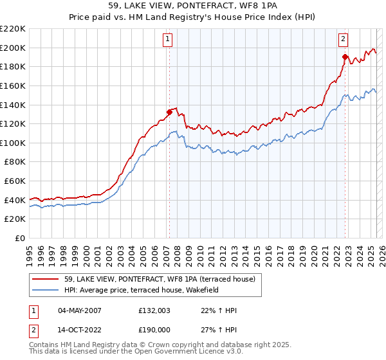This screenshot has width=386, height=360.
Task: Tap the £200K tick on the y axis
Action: (13, 48)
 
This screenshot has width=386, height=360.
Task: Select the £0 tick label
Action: (19, 239)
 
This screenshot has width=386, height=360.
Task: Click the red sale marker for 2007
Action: (169, 112)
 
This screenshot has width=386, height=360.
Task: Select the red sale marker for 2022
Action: (345, 57)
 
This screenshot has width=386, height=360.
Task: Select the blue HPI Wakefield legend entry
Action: (142, 290)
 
